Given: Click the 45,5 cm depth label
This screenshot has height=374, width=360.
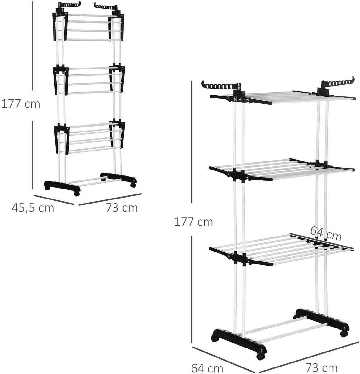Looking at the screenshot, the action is [x=33, y=208].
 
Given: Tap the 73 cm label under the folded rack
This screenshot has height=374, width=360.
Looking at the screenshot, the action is [x=122, y=208].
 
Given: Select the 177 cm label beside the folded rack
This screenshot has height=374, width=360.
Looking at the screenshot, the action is [x=21, y=104].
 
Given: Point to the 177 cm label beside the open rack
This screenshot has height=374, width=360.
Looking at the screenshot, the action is [x=194, y=222].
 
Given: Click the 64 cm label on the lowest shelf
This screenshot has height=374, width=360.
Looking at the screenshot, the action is [x=326, y=233].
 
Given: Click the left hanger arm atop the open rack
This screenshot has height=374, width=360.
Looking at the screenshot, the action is [x=221, y=86].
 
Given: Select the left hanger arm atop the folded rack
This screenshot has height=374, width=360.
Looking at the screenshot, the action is [x=69, y=5].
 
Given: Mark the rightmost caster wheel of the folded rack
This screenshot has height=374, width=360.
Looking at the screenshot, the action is [x=133, y=185].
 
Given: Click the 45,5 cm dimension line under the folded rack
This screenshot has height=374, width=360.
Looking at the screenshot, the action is [x=54, y=200].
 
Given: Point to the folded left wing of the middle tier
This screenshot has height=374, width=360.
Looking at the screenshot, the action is [x=61, y=81].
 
